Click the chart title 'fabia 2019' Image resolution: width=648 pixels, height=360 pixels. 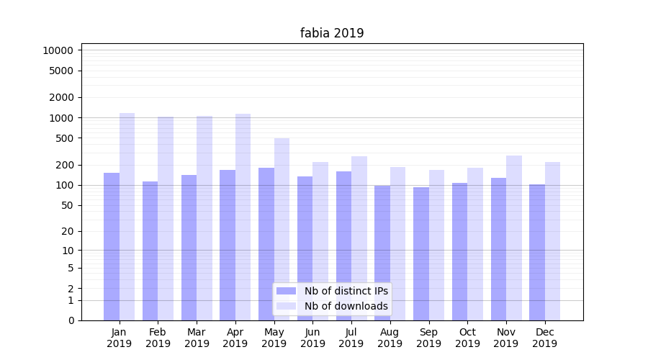[x=332, y=33]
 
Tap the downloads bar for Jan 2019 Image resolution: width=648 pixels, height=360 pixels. [x=127, y=216]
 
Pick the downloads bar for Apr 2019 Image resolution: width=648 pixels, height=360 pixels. [x=243, y=216]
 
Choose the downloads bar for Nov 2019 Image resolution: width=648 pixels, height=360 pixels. [x=514, y=238]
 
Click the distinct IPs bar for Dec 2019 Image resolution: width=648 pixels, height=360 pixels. [x=537, y=252]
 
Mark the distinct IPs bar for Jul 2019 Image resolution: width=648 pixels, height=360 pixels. [x=343, y=246]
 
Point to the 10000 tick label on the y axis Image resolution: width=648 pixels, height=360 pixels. [x=58, y=50]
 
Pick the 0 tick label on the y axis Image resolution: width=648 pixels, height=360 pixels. [x=71, y=320]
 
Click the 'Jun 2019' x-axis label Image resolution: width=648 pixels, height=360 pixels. [x=312, y=338]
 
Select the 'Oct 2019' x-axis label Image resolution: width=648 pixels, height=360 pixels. [x=467, y=338]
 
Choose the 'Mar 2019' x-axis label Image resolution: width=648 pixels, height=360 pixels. [x=197, y=338]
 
